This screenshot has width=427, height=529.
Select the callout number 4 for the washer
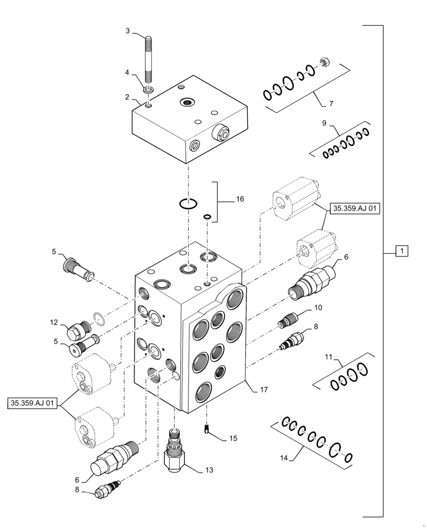click(127, 72)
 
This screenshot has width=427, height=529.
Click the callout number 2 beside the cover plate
click(127, 97)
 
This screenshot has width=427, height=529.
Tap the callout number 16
click(240, 199)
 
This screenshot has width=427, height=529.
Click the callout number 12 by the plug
click(54, 322)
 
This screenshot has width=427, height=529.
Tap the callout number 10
click(318, 307)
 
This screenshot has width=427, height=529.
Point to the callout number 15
click(233, 439)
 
